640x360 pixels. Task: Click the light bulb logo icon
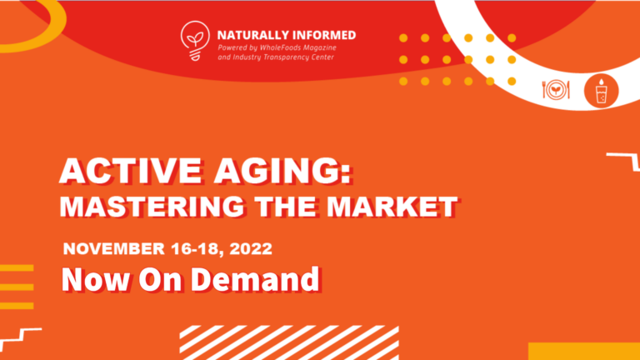pos(195,41)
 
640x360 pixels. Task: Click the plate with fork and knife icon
pos(556,90)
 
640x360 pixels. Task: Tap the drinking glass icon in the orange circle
pos(601,91)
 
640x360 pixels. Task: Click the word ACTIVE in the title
pos(131,171)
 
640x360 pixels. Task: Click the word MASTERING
pos(152,206)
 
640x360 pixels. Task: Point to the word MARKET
pos(392,206)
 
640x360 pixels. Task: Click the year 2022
pos(251,248)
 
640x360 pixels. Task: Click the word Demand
pos(255,279)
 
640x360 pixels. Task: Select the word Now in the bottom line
pos(95,280)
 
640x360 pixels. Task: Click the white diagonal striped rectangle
pos(289,342)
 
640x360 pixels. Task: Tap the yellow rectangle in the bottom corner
pos(584,352)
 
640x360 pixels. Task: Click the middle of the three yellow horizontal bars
pos(17,287)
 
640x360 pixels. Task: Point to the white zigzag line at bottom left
pos(20,335)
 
